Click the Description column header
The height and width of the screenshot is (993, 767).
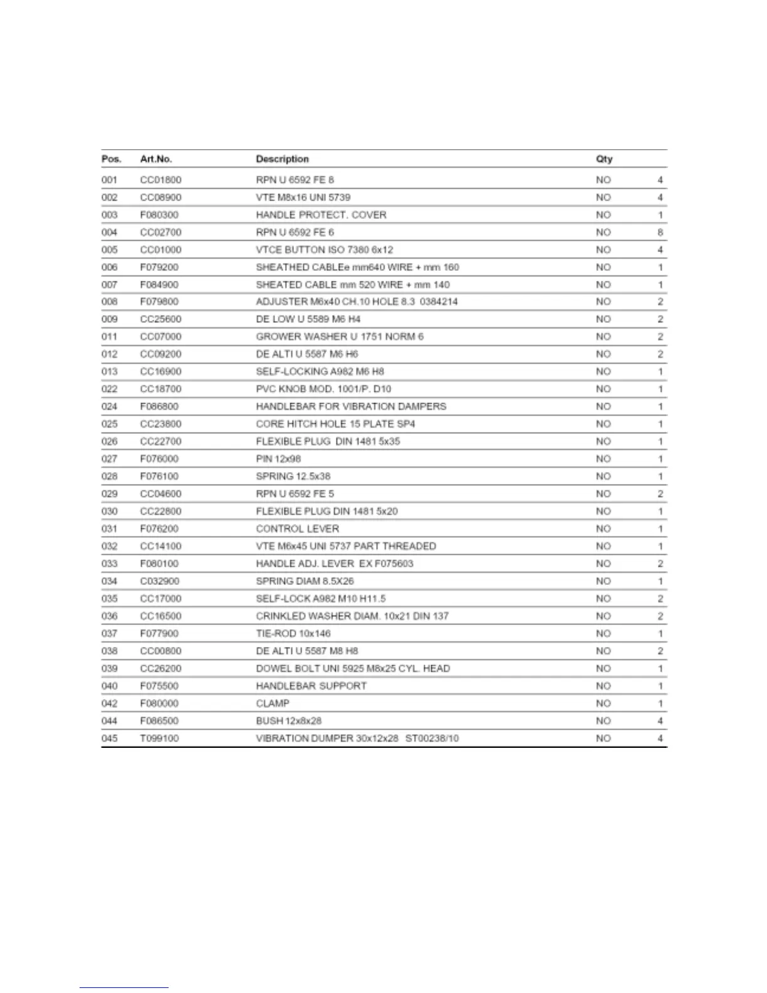coord(282,159)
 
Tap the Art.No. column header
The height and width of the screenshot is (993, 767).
coord(156,159)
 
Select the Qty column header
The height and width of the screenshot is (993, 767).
coord(604,159)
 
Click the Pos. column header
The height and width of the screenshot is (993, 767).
coord(111,159)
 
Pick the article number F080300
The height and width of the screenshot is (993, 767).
coord(159,215)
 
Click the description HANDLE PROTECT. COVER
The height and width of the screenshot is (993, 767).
coord(321,215)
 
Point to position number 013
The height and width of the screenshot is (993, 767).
coord(110,372)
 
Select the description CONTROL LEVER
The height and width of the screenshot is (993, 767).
coord(297,529)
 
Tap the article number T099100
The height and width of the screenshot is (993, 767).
coord(159,738)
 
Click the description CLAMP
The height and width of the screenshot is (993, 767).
coord(273,703)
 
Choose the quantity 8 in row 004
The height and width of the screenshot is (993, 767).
coord(660,233)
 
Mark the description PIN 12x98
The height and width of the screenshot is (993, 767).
coord(278,459)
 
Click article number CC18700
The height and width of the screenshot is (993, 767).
coord(160,389)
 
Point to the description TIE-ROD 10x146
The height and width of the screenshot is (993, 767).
coord(293,634)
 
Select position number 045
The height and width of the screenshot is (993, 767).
coord(110,738)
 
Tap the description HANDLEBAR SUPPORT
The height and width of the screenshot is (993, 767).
coord(311,686)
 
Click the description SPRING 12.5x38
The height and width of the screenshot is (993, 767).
coord(293,476)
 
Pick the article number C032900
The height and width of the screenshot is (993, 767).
coord(159,581)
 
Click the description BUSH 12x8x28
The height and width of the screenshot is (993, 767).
coord(288,721)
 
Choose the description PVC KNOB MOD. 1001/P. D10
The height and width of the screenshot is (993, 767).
coord(323,389)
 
